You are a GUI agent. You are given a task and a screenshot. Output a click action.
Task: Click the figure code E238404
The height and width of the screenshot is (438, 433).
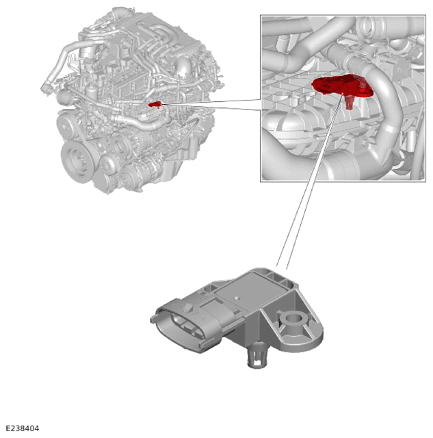point(23,428)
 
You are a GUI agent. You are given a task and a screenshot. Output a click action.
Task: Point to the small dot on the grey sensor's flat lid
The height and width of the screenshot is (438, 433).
point(237,298)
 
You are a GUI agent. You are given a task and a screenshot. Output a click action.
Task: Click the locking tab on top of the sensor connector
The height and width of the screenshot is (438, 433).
point(188,308)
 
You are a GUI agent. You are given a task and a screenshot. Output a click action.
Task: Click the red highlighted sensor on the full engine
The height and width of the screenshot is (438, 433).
point(155,105)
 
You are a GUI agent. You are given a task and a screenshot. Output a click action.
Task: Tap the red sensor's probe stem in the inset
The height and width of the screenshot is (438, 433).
point(349,102)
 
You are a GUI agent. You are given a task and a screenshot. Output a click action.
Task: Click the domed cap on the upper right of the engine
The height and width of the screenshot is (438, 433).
point(183,66)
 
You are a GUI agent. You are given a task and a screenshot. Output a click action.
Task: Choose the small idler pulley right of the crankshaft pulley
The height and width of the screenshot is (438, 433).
point(107,166)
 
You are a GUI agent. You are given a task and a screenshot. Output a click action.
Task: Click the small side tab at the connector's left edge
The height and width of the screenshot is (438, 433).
point(153,319)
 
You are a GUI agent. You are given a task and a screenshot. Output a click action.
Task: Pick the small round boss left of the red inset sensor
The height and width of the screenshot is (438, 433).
point(295,96)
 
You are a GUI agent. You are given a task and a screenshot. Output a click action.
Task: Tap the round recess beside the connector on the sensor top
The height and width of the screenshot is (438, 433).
point(210,288)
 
